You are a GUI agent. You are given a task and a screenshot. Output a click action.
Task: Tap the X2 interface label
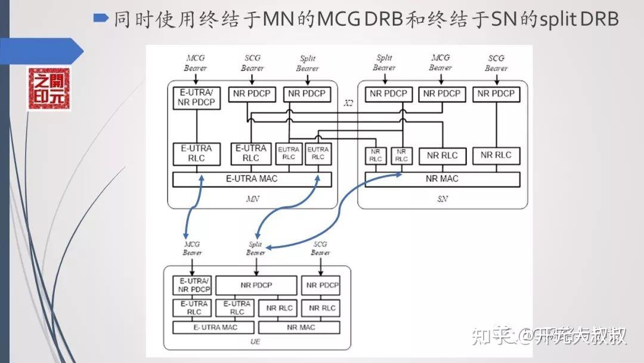point(349,103)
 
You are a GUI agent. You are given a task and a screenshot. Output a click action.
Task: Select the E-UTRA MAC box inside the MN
point(251,179)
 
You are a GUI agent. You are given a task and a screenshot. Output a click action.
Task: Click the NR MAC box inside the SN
point(442,179)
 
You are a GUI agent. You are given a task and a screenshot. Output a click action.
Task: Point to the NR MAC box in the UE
point(300,327)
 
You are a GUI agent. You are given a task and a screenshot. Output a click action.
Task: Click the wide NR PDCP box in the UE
point(256,285)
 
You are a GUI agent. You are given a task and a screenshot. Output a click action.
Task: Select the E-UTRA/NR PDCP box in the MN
point(196,98)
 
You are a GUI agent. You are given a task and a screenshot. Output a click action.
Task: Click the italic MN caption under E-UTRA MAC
point(252,199)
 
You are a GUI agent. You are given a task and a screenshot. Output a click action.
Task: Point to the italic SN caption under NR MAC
point(442,199)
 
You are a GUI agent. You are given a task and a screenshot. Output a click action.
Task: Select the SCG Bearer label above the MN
point(252,63)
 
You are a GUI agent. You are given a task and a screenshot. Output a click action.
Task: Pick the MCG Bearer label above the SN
point(440,63)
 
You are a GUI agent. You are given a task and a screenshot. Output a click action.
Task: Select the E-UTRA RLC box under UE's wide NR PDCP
point(237,307)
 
